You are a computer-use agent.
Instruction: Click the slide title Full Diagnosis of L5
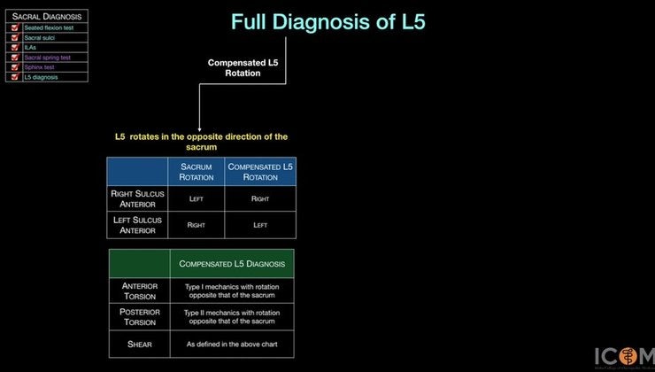point(334,22)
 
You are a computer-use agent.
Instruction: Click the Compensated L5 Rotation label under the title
point(235,68)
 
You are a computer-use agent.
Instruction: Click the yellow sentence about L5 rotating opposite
point(202,142)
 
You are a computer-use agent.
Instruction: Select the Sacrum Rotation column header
point(196,172)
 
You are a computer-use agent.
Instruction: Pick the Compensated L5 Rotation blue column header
point(260,172)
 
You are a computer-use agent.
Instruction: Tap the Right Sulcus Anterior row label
point(138,199)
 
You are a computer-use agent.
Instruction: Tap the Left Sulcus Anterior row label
point(138,225)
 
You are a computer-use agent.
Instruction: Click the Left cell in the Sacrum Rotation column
point(196,199)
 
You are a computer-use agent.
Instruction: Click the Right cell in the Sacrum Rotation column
point(196,225)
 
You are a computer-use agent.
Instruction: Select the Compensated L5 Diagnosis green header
point(232,263)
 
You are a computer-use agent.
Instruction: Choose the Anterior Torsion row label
point(139,291)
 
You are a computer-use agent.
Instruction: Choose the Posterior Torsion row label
point(139,317)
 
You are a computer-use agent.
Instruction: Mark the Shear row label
point(139,344)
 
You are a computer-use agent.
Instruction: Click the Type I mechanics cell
point(232,291)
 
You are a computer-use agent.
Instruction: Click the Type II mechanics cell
point(232,317)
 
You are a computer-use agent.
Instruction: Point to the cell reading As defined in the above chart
point(232,344)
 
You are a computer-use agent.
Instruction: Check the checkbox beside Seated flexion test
point(15,27)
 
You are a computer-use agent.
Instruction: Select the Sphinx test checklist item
point(41,67)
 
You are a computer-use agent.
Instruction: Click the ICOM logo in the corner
point(625,353)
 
